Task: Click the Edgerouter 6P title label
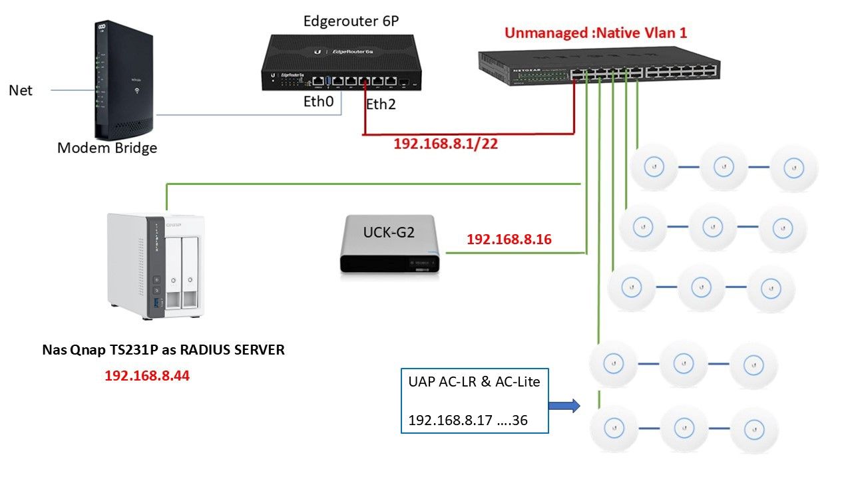pos(351,21)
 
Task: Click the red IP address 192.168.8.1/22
pos(445,144)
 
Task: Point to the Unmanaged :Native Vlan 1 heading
pos(595,33)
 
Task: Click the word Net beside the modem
pos(21,90)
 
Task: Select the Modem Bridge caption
pos(107,148)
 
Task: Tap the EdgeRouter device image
pos(342,61)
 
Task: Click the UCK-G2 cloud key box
pos(389,244)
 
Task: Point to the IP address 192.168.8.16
pos(509,239)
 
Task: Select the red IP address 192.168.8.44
pos(146,376)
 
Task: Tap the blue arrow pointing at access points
pos(564,405)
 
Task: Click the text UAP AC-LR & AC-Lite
pos(474,382)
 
